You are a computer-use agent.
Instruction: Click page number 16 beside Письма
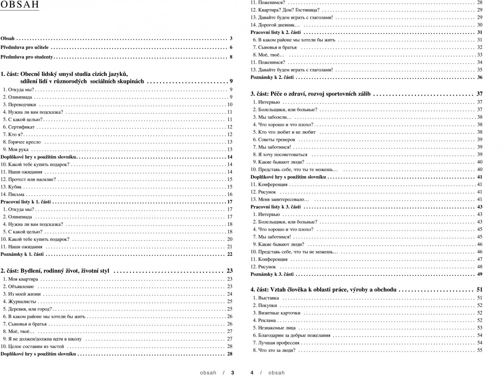(x=230, y=195)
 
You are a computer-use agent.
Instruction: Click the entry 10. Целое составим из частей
(x=32, y=346)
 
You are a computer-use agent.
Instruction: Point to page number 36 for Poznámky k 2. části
(x=480, y=78)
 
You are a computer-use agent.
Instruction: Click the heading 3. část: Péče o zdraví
(x=310, y=94)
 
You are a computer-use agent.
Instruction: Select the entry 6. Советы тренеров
(x=274, y=140)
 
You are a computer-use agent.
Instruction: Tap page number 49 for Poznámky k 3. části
(x=480, y=274)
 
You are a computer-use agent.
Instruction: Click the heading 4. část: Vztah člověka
(x=324, y=289)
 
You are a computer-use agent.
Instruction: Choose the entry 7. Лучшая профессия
(x=276, y=343)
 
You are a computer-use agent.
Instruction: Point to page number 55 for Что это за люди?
(x=480, y=351)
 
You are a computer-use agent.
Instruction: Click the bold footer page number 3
(x=232, y=372)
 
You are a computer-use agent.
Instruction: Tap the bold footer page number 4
(x=252, y=372)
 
